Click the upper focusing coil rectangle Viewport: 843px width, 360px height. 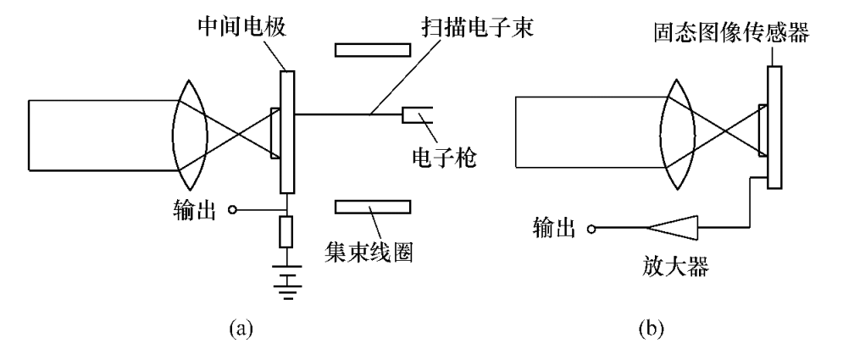pos(373,49)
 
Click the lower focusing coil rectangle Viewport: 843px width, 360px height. pos(373,208)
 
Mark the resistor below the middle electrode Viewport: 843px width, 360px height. pos(287,230)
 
